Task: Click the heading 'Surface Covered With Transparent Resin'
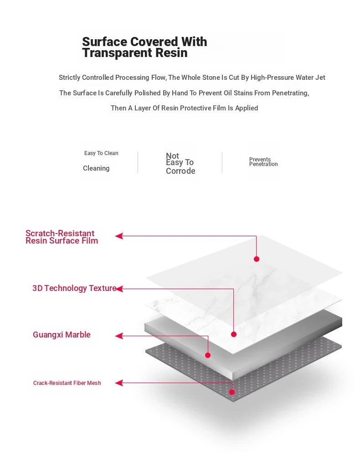(144, 47)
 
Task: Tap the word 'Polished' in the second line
(148, 93)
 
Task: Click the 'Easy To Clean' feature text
(101, 153)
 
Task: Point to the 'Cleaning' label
(96, 168)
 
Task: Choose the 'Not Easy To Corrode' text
(180, 163)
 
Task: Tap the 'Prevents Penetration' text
(263, 162)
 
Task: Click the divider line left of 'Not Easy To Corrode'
(138, 162)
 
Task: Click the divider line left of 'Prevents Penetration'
(222, 162)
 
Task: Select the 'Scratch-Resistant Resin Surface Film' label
(62, 237)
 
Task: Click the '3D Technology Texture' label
(74, 288)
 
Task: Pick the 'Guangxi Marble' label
(62, 335)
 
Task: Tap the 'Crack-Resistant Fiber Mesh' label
(67, 383)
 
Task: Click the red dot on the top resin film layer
(256, 259)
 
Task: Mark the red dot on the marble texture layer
(234, 334)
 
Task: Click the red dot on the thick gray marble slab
(208, 355)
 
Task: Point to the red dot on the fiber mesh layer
(232, 392)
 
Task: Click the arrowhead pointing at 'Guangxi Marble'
(119, 336)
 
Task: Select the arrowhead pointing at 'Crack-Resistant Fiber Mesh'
(119, 383)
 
